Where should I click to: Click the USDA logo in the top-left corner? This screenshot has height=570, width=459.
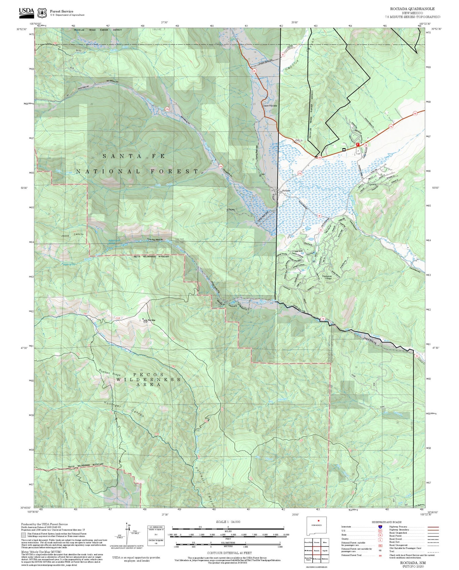(x=26, y=11)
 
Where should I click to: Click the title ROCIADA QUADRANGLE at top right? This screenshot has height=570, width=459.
(x=412, y=9)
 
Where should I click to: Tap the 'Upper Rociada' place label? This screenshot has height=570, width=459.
(x=270, y=106)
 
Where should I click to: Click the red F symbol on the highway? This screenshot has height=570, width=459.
(x=357, y=144)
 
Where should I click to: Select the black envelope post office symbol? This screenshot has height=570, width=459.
(x=344, y=149)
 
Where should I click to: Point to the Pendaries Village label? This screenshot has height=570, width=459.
(x=327, y=277)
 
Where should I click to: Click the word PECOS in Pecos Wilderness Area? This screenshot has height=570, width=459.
(x=144, y=375)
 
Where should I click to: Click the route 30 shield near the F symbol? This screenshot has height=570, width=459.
(x=366, y=145)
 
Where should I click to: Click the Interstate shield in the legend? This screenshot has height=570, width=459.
(x=380, y=527)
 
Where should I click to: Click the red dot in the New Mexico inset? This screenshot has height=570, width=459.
(x=319, y=520)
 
